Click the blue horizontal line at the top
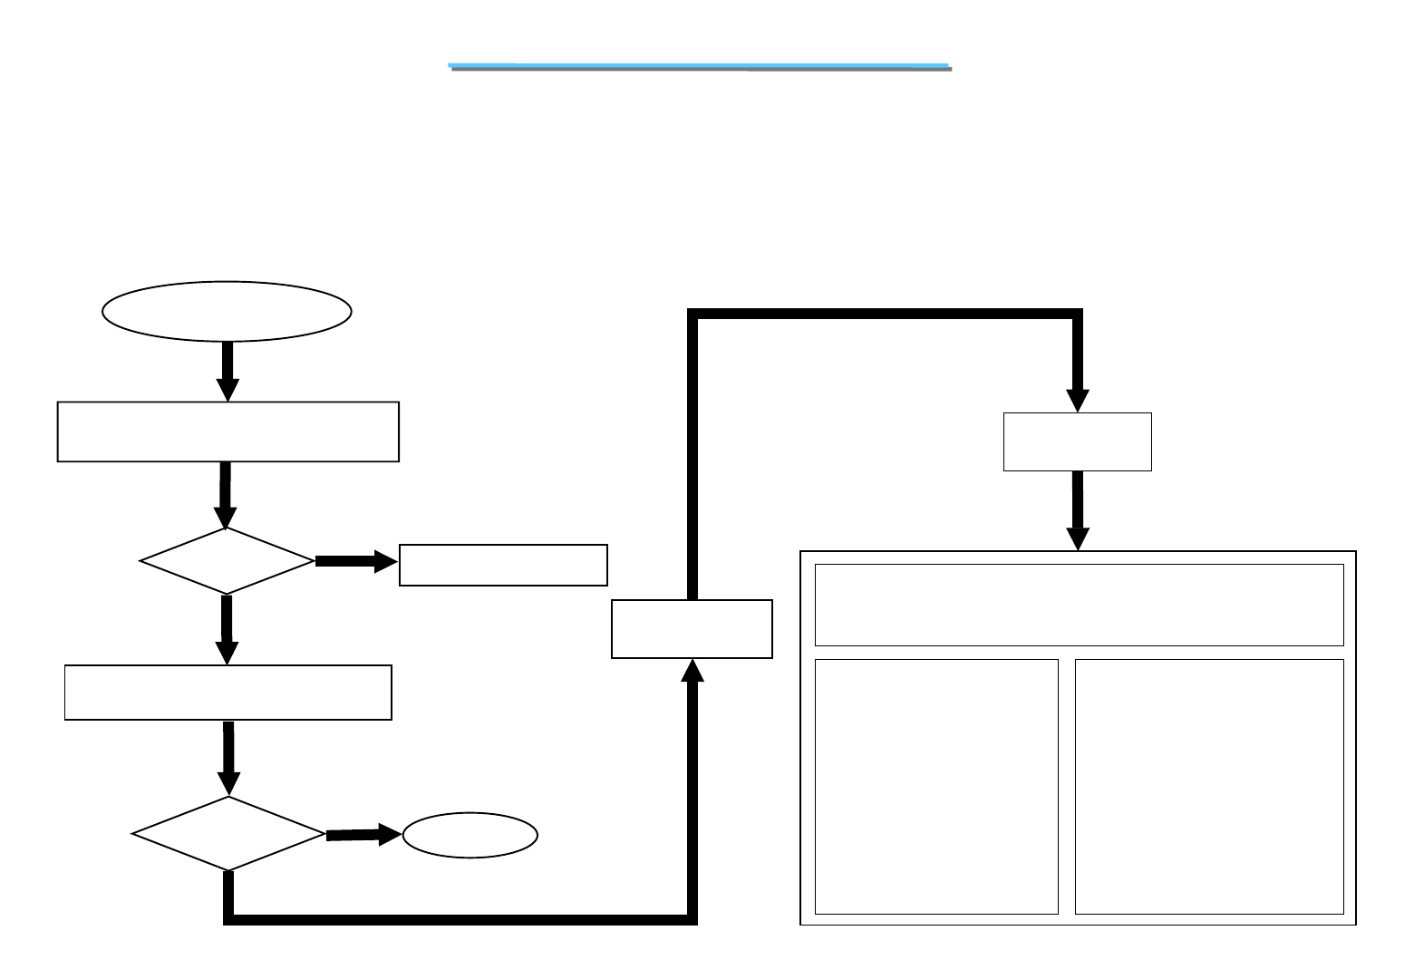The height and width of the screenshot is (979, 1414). [x=699, y=66]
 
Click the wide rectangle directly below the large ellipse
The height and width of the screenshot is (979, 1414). [x=228, y=431]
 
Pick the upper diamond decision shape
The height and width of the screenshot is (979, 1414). [x=227, y=561]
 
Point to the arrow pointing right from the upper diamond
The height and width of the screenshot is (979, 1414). [x=356, y=562]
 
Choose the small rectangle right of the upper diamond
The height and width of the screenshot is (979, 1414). [x=503, y=565]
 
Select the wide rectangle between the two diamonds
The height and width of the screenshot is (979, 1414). [x=228, y=693]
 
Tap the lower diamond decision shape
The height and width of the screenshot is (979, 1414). [x=228, y=834]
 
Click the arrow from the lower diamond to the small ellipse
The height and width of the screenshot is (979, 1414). [x=363, y=835]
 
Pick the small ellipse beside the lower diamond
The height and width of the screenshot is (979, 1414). [x=470, y=835]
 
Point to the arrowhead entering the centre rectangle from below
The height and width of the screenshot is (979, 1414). [x=692, y=671]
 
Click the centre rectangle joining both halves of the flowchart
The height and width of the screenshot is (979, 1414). [x=692, y=628]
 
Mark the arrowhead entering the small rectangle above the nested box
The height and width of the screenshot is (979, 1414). [x=1078, y=401]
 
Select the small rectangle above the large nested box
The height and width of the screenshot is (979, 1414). [x=1078, y=441]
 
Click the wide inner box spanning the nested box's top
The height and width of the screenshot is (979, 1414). [x=1079, y=605]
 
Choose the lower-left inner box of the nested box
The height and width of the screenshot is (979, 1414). [x=936, y=786]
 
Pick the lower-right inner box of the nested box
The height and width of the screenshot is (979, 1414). [x=1209, y=786]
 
